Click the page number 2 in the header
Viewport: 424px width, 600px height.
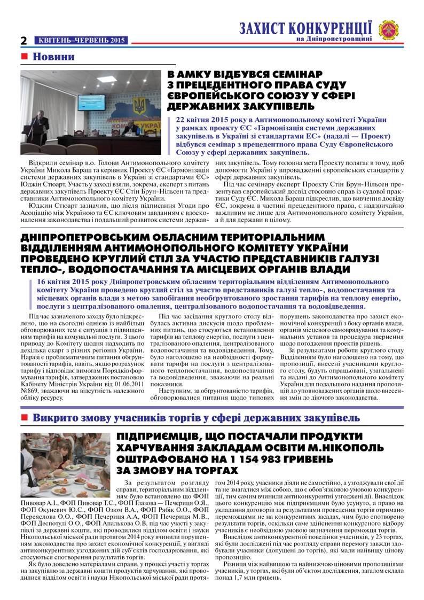click(23, 41)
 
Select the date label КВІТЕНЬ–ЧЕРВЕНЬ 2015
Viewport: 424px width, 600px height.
click(81, 41)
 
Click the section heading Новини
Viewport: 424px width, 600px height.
click(54, 57)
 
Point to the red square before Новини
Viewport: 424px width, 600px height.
click(23, 57)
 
